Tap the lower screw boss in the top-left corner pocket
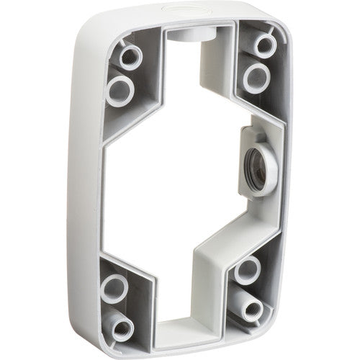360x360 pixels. click(120, 89)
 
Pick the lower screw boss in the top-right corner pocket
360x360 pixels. click(256, 77)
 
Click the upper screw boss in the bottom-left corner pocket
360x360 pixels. click(114, 287)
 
